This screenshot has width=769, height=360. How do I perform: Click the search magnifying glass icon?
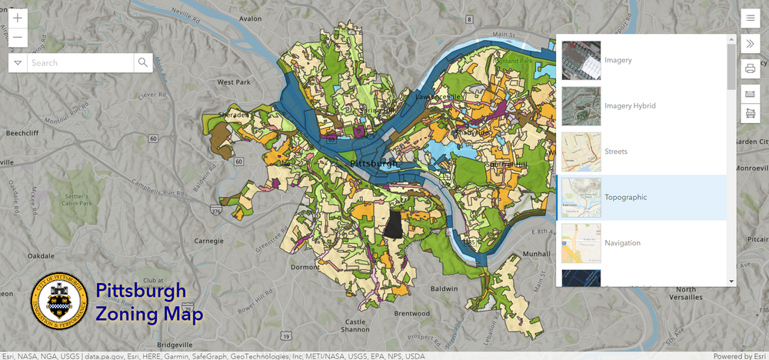[142, 62]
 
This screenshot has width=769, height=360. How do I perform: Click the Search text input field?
[80, 62]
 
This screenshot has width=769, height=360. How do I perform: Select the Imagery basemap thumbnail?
[581, 60]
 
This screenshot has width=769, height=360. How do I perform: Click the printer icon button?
[750, 69]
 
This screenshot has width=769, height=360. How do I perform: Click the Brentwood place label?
[411, 313]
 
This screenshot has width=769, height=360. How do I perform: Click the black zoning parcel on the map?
[393, 224]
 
